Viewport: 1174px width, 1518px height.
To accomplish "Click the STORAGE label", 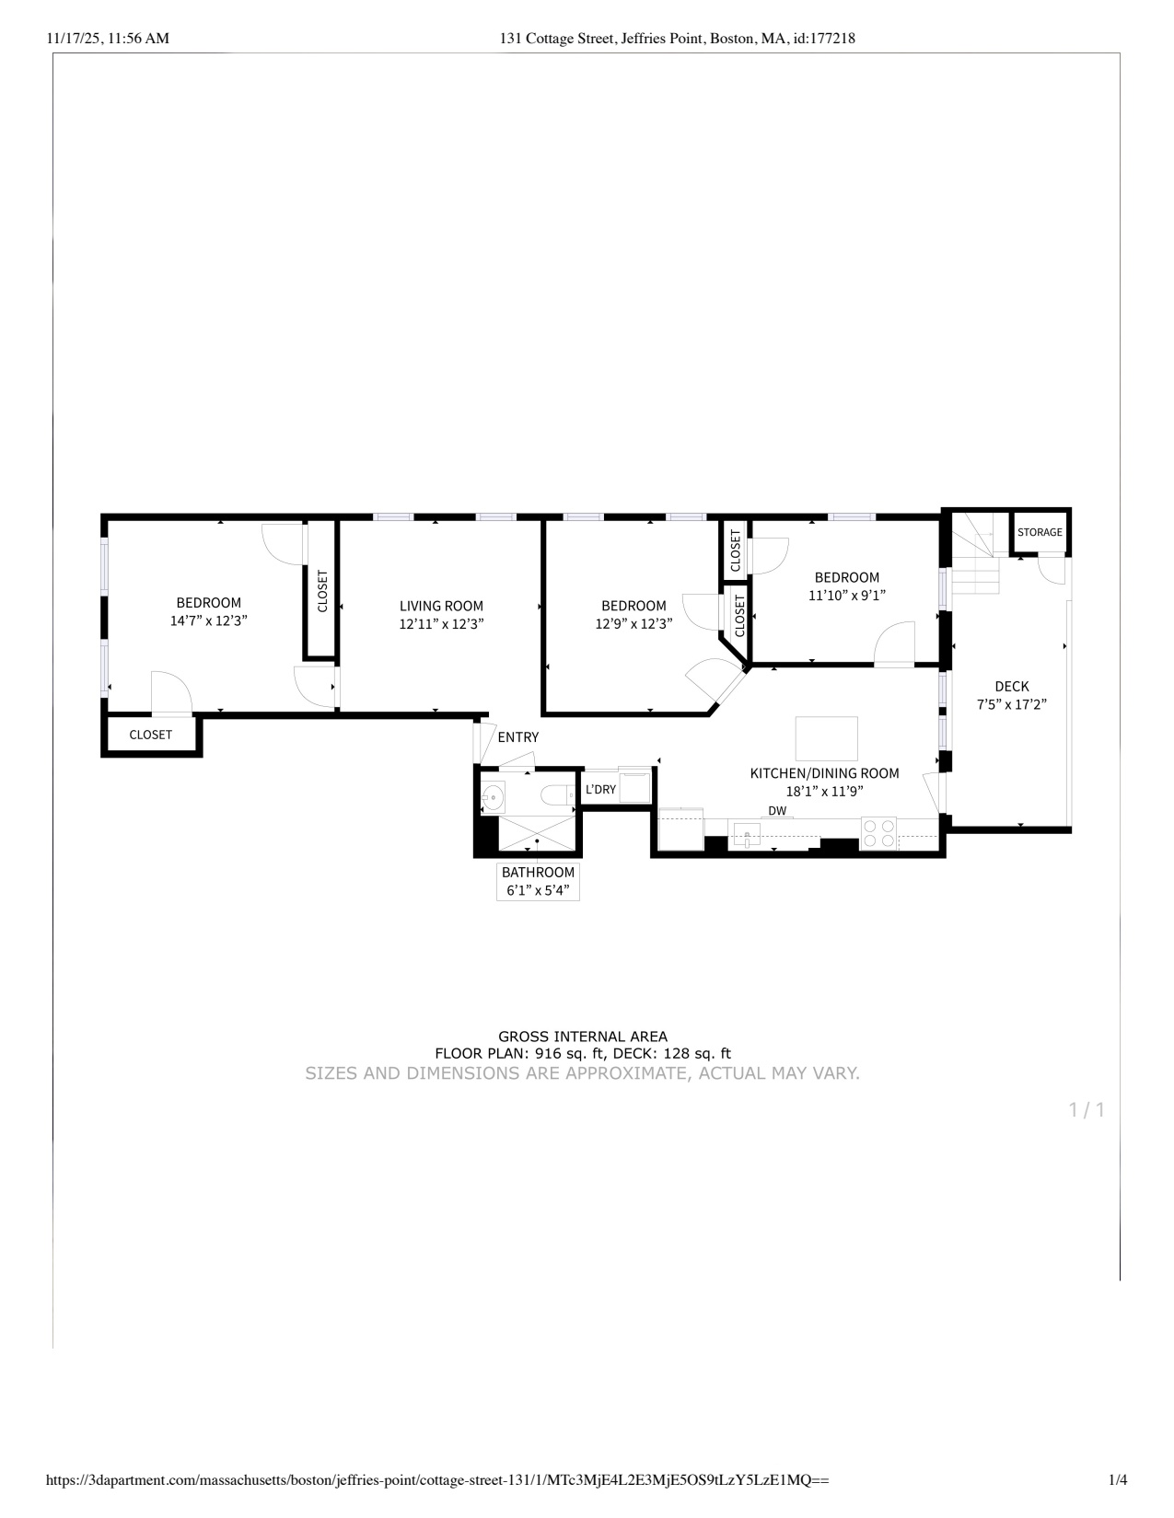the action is coord(1040,532).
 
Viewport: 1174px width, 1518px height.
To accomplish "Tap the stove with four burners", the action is coord(878,833).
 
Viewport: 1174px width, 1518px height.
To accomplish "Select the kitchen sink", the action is coord(747,834).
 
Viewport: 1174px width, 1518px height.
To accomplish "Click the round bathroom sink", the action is coord(494,795).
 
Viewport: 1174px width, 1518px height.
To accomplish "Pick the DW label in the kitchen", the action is coord(777,810).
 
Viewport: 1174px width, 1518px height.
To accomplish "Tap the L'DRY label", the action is coord(600,790).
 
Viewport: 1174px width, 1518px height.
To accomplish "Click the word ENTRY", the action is coord(518,737).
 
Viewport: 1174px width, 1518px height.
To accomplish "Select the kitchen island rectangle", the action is coord(826,738).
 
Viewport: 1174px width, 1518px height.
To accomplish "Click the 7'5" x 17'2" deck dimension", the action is coord(1011,705).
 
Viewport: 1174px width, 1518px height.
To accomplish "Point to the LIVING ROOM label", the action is coord(441,607).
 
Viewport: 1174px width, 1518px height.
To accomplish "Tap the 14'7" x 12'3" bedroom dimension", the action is coord(209,621).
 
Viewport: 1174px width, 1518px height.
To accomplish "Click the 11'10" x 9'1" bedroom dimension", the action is coord(847,596).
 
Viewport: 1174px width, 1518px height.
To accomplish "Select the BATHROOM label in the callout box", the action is coord(538,872).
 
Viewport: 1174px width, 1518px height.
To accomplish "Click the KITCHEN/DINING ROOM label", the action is coord(824,773).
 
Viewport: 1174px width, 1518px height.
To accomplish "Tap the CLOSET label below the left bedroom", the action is coord(150,735).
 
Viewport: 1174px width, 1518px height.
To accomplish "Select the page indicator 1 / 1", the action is coord(1087,1109).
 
